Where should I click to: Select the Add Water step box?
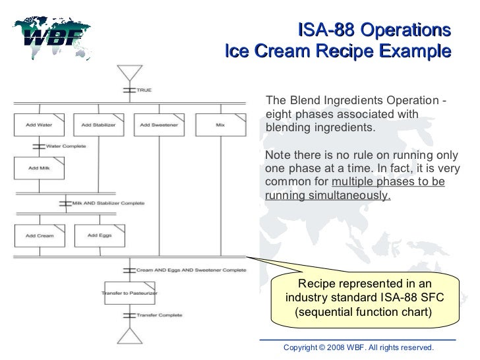pyautogui.click(x=40, y=125)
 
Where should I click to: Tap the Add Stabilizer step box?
pyautogui.click(x=96, y=125)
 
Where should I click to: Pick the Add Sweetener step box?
pyautogui.click(x=154, y=125)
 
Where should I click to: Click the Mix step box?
pyautogui.click(x=220, y=125)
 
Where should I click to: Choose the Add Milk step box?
pyautogui.click(x=40, y=167)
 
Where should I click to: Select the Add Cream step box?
pyautogui.click(x=40, y=235)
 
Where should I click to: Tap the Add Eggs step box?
pyautogui.click(x=96, y=235)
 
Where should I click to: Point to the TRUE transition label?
pyautogui.click(x=144, y=89)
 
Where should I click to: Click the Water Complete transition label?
pyautogui.click(x=66, y=146)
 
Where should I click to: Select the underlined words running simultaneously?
pyautogui.click(x=328, y=196)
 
